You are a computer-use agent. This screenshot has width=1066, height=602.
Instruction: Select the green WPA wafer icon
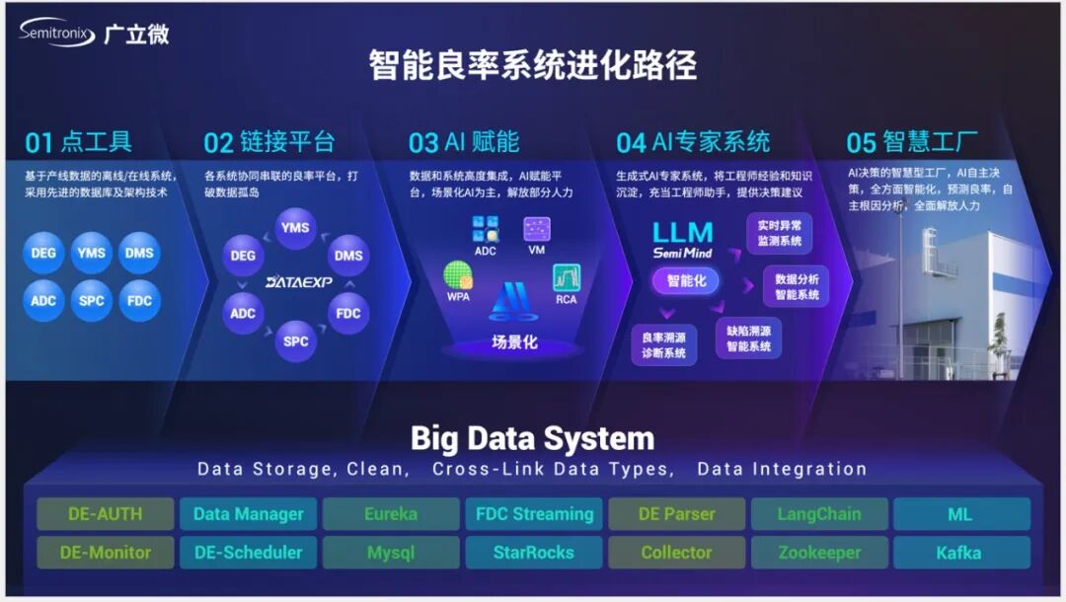click(458, 276)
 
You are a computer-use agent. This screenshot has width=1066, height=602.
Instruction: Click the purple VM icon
click(537, 230)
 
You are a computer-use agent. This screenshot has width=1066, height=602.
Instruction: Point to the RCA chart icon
click(567, 278)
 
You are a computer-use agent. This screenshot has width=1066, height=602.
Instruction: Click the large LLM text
click(682, 233)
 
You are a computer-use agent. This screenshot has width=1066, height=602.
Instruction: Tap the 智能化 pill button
click(686, 281)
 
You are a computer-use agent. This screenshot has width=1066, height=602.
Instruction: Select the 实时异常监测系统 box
click(779, 233)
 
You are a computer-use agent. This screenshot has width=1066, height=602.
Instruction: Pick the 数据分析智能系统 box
click(796, 287)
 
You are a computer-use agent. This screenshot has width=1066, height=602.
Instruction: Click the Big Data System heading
click(532, 437)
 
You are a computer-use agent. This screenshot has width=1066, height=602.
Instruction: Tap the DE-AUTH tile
click(106, 514)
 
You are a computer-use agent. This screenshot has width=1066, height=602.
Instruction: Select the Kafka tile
click(959, 553)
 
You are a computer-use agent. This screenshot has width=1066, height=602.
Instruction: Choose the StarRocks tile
click(534, 553)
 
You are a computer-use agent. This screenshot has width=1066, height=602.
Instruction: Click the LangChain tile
click(819, 514)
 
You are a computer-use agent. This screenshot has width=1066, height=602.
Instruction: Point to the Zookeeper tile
click(819, 553)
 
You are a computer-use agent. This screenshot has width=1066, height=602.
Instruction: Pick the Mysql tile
click(391, 553)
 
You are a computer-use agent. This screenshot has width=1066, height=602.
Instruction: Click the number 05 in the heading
click(862, 143)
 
